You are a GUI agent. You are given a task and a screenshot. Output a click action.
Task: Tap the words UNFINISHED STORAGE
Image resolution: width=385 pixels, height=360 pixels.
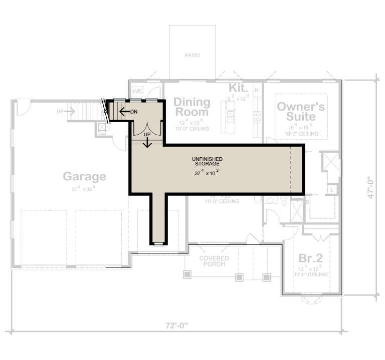click(207, 161)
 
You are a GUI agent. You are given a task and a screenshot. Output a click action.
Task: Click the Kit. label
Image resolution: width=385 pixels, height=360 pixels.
click(239, 88)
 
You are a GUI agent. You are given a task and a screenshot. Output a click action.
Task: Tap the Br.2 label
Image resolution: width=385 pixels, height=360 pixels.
click(311, 258)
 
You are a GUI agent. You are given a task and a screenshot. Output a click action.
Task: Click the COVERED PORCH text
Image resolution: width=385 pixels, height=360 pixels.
click(214, 261)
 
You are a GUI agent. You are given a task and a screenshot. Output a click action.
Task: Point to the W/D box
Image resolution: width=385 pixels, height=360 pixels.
click(137, 92)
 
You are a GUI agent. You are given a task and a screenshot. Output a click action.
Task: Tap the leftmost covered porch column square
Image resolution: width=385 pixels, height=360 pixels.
click(187, 274)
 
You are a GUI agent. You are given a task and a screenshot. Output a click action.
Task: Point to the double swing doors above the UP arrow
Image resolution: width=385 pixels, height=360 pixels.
click(147, 128)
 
